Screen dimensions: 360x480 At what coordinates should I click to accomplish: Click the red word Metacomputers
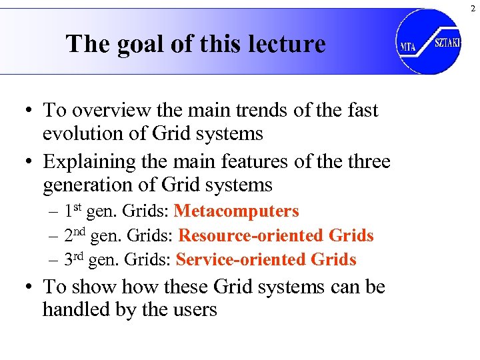(x=236, y=211)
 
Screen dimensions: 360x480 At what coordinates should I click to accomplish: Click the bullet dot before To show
(x=31, y=287)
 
